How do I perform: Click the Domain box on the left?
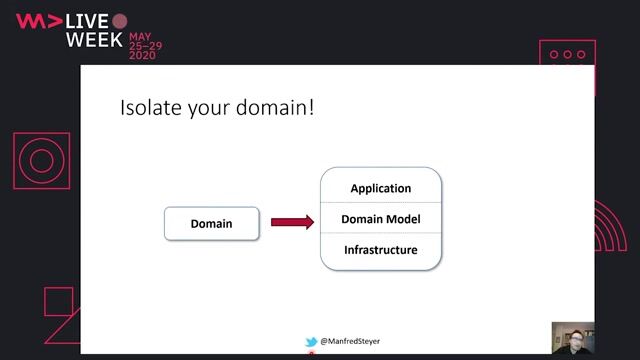coord(211,223)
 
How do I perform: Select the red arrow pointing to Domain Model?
coord(292,222)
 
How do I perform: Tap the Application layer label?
coord(380,188)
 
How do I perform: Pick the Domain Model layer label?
coord(380,219)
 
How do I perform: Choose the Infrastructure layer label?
coord(380,250)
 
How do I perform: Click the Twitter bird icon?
coord(311,342)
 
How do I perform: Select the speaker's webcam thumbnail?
coord(572,339)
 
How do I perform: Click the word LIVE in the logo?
coord(87,21)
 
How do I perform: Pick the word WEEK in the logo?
coord(94,41)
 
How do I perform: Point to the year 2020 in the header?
coord(142,56)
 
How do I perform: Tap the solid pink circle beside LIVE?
coord(120,21)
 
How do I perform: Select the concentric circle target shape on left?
coord(41,161)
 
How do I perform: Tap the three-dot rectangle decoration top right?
coord(567,54)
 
